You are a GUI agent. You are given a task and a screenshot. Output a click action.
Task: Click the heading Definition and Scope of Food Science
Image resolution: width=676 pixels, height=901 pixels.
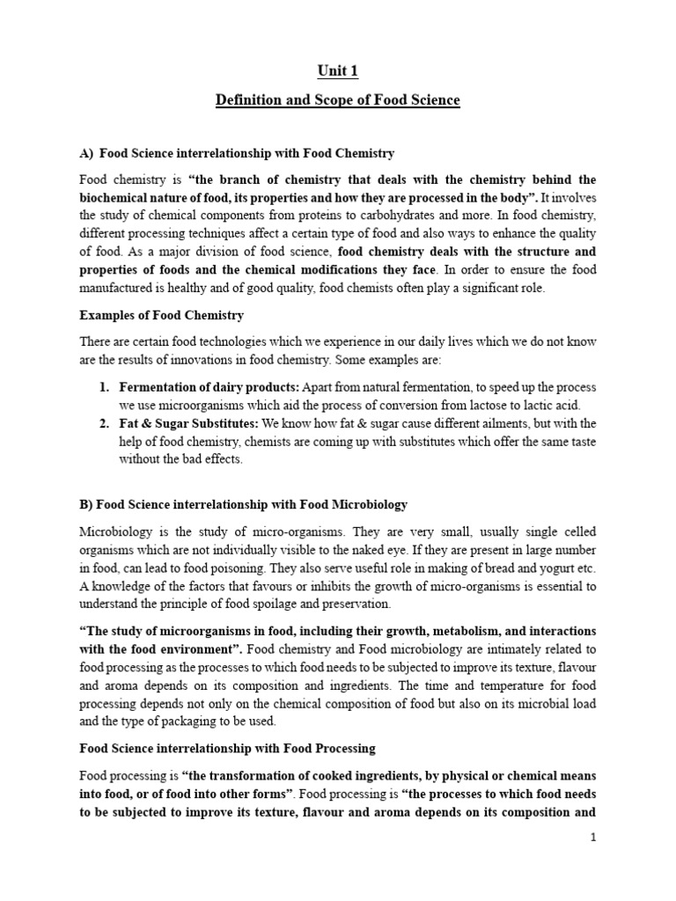point(338,100)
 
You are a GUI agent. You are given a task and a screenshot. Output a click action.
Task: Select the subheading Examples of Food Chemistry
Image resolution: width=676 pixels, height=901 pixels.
point(162,315)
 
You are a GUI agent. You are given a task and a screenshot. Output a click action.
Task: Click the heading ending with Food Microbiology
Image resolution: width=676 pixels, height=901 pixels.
point(244,504)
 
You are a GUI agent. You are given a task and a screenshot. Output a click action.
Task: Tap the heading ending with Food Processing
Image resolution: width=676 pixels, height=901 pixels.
point(228,748)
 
